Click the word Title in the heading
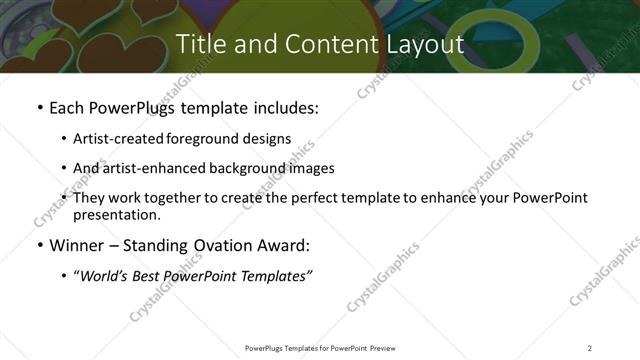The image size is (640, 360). coord(200,44)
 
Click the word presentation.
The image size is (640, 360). coord(116,214)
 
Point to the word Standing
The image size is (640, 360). coord(164,245)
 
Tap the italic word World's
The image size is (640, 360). coord(104,275)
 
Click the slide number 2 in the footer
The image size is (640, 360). coord(590,348)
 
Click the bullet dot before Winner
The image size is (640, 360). coord(39,245)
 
